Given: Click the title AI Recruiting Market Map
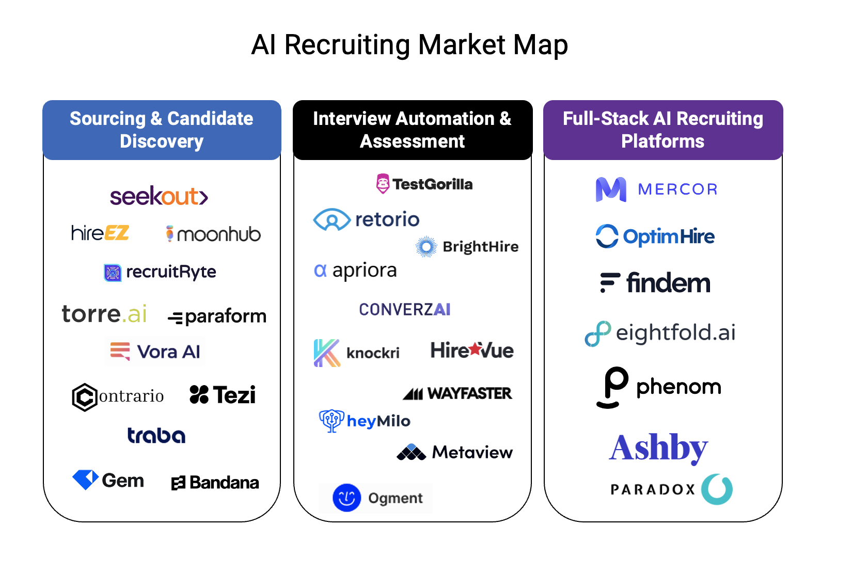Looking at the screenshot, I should (409, 45).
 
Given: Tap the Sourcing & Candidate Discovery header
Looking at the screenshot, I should (162, 130).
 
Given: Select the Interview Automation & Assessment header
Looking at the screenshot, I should (412, 130).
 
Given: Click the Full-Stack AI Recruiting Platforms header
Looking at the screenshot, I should (662, 130).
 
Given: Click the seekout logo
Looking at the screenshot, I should (159, 196).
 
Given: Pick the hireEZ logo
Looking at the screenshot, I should (100, 233).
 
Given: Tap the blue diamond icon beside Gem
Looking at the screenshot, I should (85, 479).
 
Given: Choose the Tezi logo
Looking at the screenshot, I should (223, 395).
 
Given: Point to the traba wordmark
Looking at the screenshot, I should (156, 435).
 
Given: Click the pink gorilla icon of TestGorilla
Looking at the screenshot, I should (383, 183).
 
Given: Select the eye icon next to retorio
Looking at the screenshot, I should (332, 220).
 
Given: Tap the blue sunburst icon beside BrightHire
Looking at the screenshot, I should (426, 247).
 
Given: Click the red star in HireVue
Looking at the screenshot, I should (476, 349).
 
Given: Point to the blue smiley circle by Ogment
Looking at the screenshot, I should (346, 498).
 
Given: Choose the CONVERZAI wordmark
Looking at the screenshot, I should (404, 309).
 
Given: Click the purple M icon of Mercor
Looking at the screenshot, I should (611, 189).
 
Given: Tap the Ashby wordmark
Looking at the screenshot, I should (658, 448).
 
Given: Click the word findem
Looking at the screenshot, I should (668, 283).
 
